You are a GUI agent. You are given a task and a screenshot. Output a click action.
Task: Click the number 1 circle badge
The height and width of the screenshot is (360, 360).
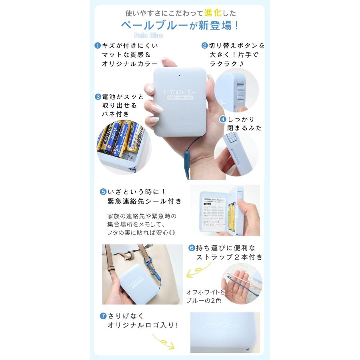[97, 46]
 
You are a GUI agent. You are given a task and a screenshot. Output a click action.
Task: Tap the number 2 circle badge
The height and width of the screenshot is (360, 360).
[204, 46]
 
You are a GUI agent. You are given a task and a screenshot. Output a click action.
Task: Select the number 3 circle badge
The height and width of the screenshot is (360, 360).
[97, 97]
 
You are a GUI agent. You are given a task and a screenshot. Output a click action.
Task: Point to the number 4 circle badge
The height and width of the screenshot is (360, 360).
[223, 119]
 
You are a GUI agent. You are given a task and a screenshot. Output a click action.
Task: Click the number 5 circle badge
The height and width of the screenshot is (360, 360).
[102, 192]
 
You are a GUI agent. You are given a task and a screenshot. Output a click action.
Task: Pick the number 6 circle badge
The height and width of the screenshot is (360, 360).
[192, 247]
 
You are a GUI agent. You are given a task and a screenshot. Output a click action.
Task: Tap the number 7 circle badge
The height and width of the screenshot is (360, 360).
[102, 316]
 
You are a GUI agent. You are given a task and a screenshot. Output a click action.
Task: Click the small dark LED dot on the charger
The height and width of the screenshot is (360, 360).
[180, 75]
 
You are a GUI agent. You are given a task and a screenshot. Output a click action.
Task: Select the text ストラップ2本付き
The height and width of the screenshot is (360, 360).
[229, 257]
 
